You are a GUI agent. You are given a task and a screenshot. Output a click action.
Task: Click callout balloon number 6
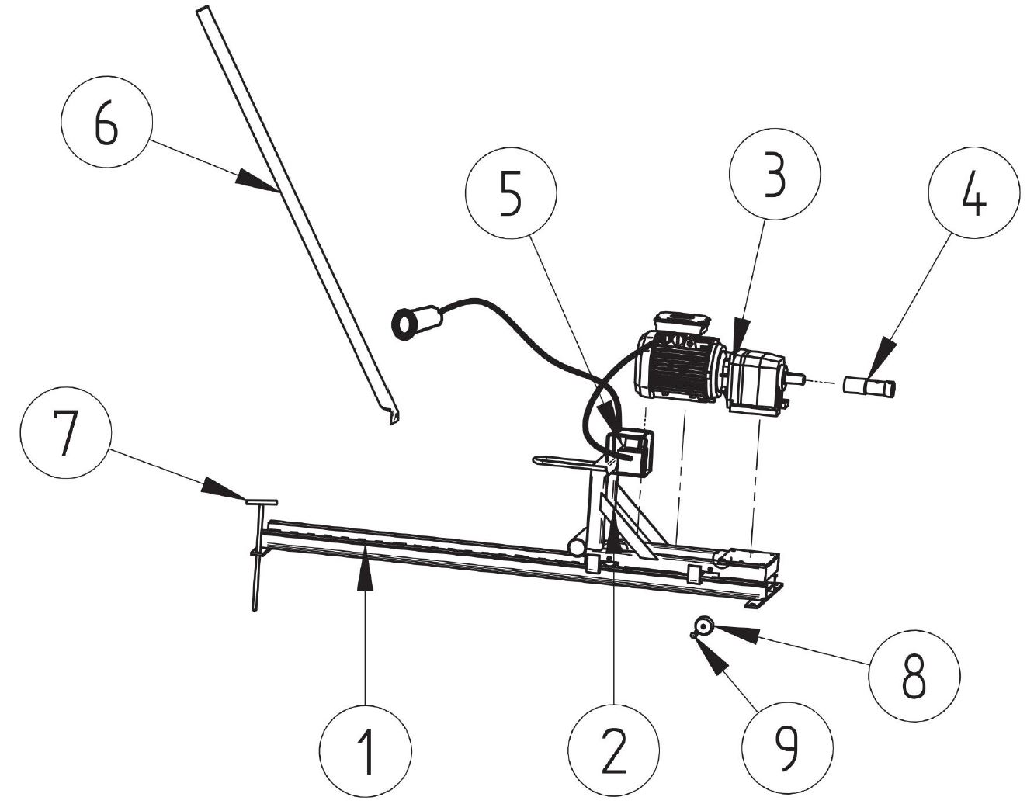tap(107, 121)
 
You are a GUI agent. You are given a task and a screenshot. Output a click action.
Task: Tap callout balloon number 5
tap(511, 192)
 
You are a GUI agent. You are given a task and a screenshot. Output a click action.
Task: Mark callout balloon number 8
tap(914, 675)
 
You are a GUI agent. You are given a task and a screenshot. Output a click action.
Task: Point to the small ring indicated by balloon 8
tap(704, 627)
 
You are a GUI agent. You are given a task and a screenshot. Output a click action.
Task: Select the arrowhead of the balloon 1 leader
tap(365, 573)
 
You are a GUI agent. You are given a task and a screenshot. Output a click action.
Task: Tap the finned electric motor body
tap(678, 367)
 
